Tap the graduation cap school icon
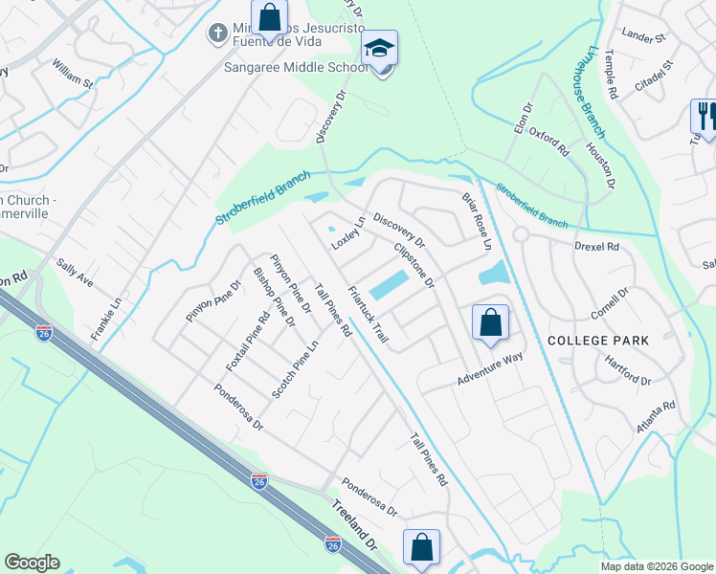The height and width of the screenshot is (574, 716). tap(380, 50)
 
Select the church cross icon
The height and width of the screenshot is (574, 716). tap(216, 34)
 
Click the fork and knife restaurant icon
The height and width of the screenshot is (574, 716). tap(705, 117)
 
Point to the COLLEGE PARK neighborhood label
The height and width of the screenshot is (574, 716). tap(598, 341)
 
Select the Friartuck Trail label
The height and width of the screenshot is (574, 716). tap(369, 315)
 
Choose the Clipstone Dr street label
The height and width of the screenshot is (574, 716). tap(414, 265)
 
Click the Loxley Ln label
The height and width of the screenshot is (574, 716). tap(348, 233)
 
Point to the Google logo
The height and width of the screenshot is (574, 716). tap(33, 563)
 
